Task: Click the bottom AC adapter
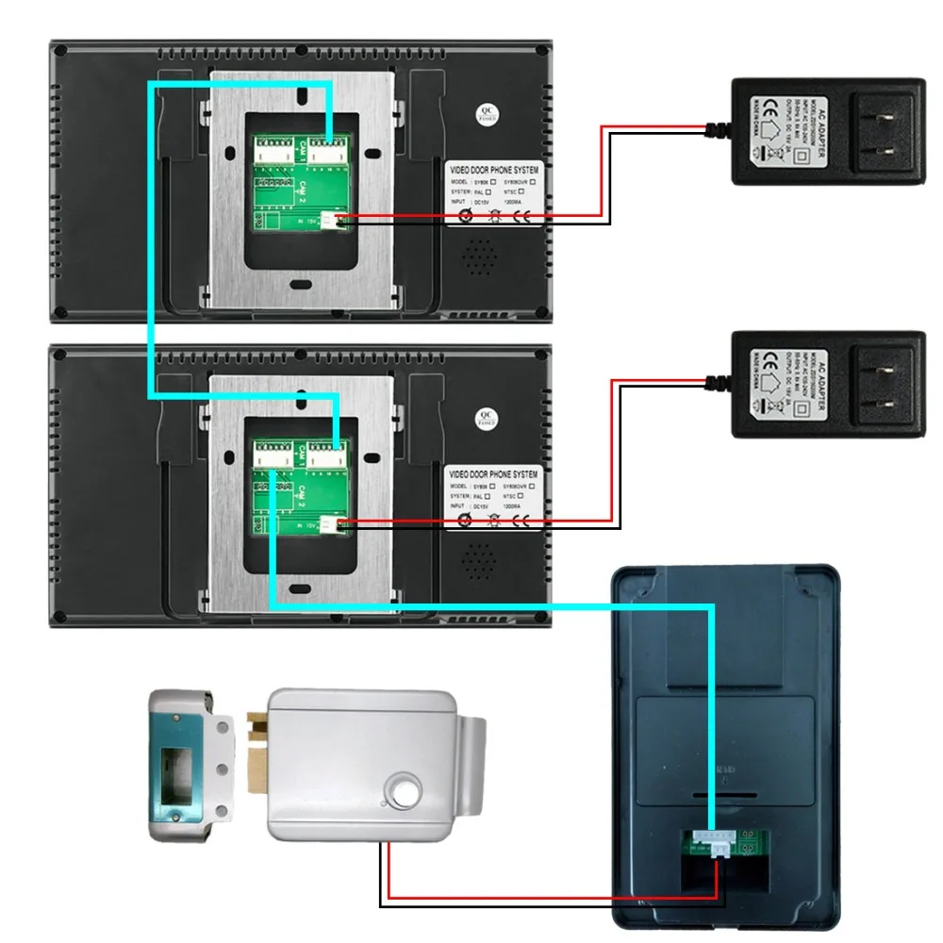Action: (x=828, y=383)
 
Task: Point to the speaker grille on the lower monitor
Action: (x=481, y=558)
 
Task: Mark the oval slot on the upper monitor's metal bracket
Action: (x=300, y=283)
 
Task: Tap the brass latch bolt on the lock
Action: (x=256, y=750)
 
